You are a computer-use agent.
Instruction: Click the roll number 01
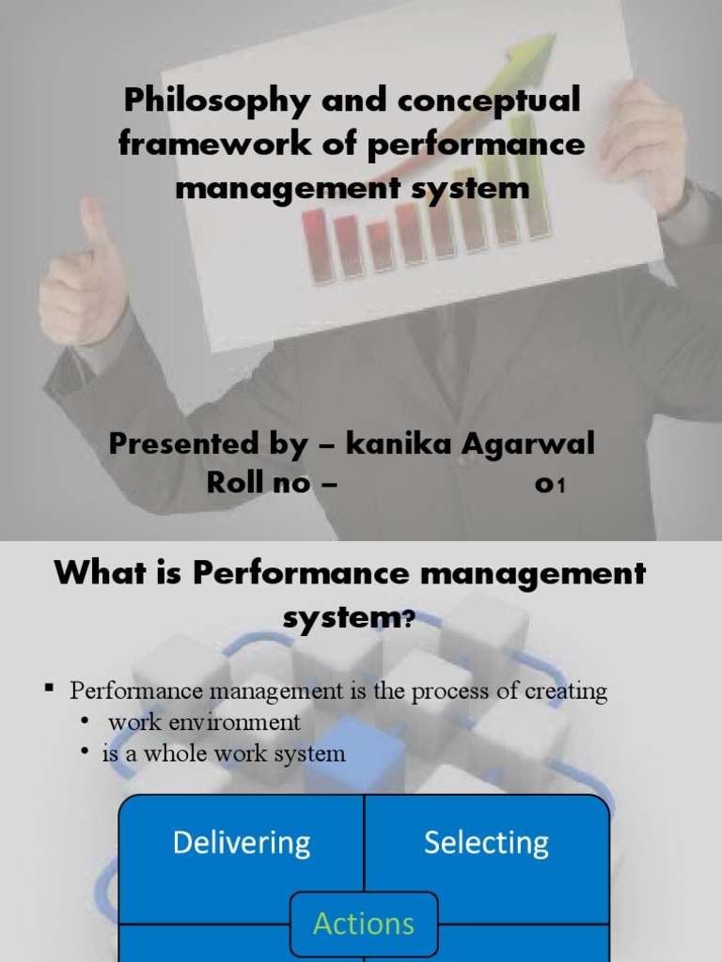click(x=549, y=485)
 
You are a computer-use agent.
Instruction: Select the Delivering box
click(x=242, y=842)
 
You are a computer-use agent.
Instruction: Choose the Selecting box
click(x=486, y=842)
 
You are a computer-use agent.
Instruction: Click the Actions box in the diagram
click(x=364, y=923)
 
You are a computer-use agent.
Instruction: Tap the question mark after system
click(x=406, y=620)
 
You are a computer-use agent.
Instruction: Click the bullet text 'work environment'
click(x=204, y=722)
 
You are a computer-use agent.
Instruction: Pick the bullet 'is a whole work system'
click(x=224, y=753)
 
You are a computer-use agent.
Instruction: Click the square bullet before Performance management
click(x=49, y=691)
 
